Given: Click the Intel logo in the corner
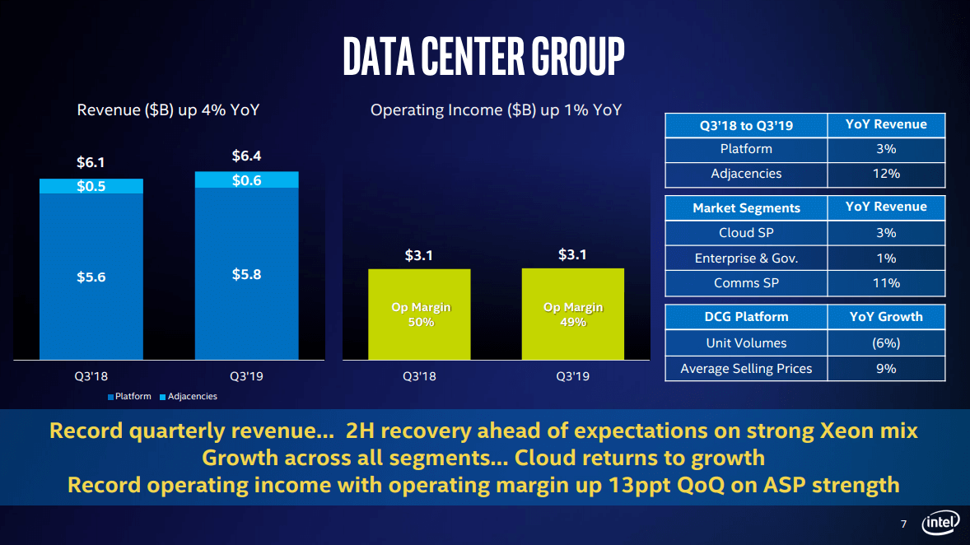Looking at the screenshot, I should click(941, 524).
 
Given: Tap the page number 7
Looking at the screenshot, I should click(903, 524).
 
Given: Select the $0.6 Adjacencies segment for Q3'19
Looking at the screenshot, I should click(246, 180).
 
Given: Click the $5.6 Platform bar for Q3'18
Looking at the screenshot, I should click(91, 277).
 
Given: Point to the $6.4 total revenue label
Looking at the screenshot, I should click(246, 156).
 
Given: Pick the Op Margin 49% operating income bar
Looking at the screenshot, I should click(573, 314).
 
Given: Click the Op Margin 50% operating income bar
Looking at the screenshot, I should click(420, 314).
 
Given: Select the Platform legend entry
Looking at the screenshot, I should click(129, 397).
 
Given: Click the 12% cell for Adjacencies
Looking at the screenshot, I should click(886, 174).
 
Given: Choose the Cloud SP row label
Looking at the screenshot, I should click(746, 232).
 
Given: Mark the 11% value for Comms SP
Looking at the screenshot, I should click(886, 283).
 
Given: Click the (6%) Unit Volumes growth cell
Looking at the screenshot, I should click(886, 342).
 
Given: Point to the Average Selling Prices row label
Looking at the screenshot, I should click(746, 369).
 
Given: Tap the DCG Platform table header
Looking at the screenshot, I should click(746, 317).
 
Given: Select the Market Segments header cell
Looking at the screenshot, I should click(746, 207).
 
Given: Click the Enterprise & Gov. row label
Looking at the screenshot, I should click(746, 258).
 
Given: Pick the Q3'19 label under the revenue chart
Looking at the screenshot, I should click(246, 376).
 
